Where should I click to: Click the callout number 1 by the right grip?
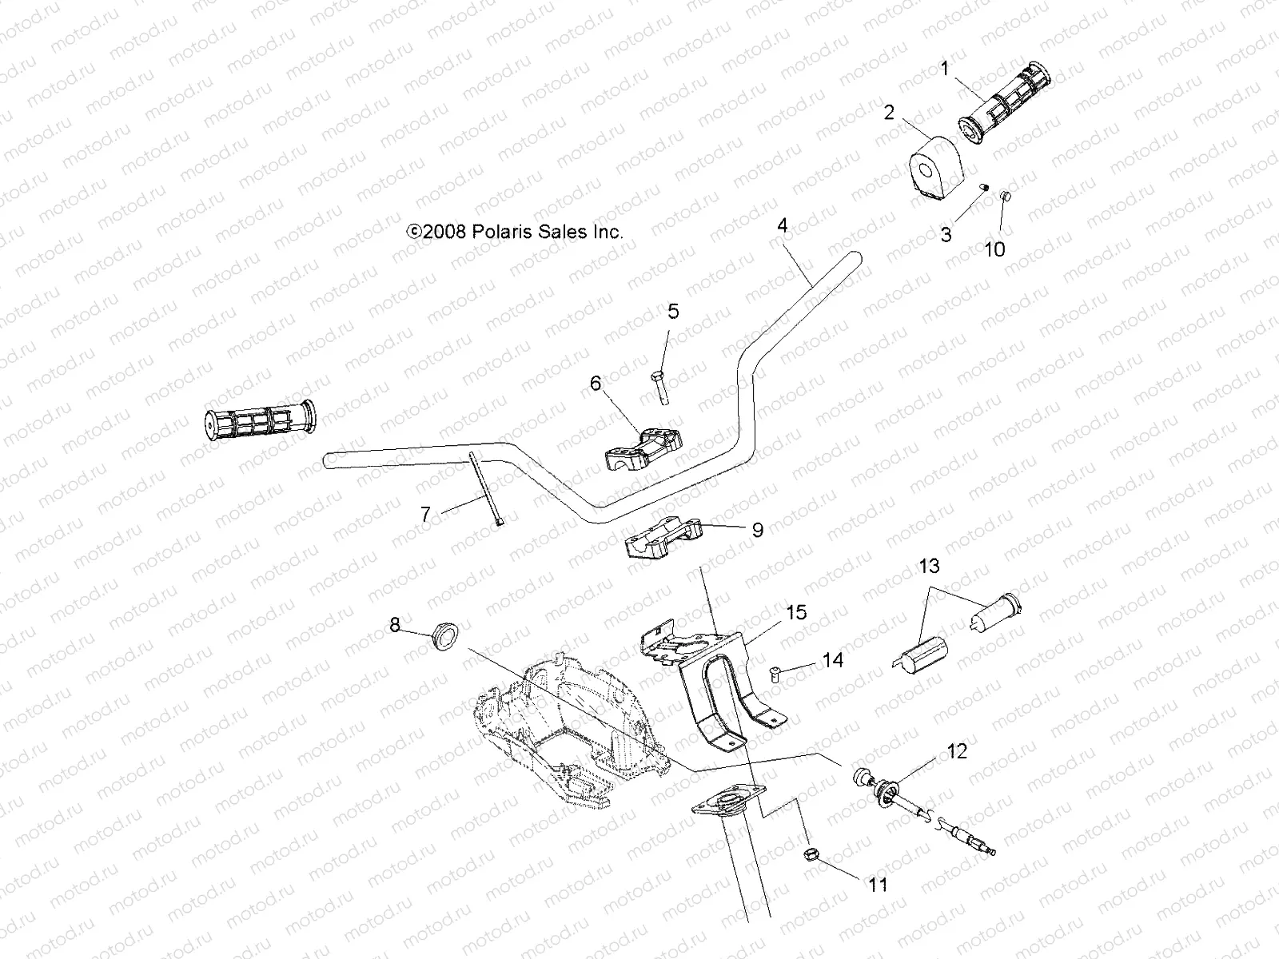point(945,69)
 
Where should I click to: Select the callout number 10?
point(994,249)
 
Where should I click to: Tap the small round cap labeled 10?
point(1007,197)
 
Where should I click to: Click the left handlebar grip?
point(261,421)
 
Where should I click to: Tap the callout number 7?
point(425,515)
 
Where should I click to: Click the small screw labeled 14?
point(775,674)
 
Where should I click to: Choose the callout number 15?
point(774,613)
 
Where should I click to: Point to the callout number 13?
point(929,567)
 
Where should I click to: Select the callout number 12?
point(957,751)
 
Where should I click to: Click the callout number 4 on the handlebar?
point(783,226)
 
